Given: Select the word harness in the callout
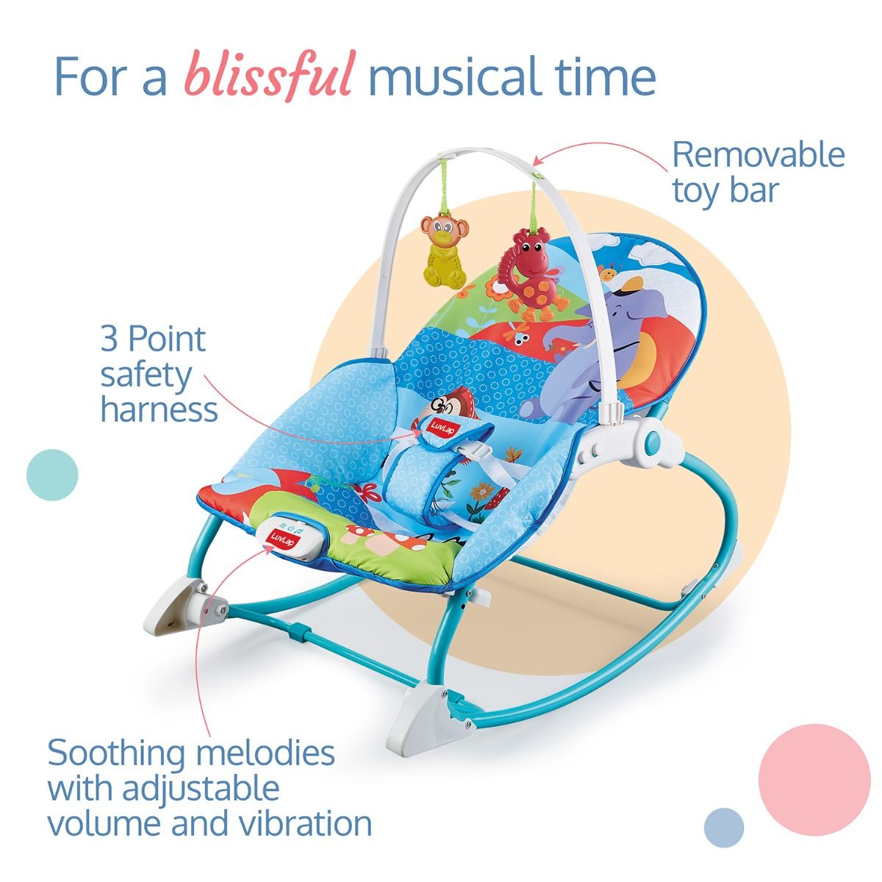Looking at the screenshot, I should click(159, 409).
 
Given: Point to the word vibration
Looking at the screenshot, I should click(307, 824).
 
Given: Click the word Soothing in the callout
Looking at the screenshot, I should click(116, 754).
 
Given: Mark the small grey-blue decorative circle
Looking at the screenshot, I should click(724, 827).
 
